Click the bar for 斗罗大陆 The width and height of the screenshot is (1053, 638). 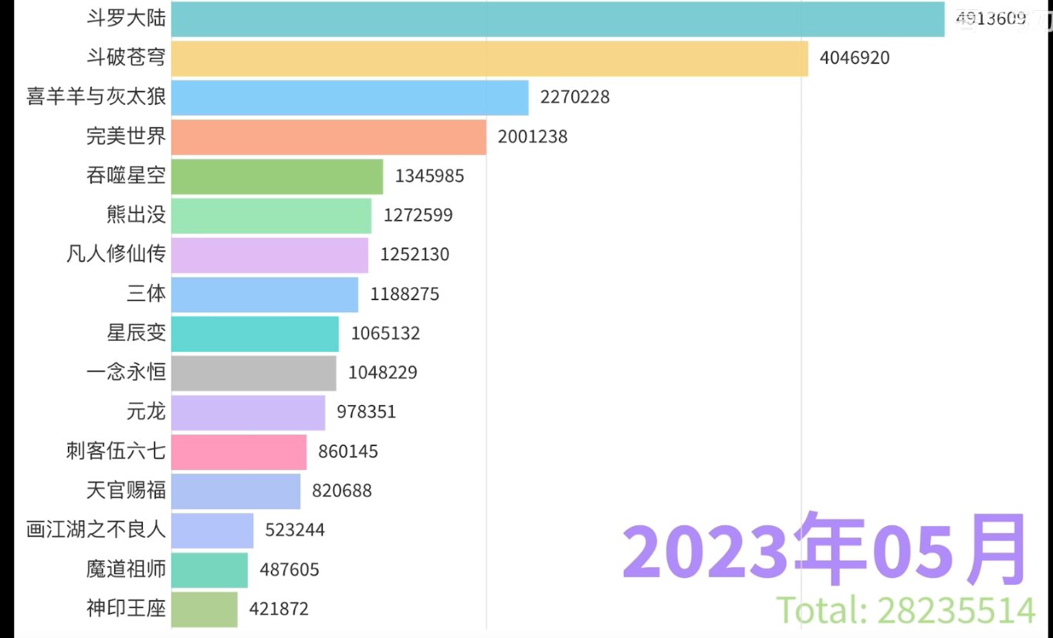tap(557, 19)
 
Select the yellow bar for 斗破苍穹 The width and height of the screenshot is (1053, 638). tap(489, 58)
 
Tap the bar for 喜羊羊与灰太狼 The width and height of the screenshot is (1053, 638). tap(350, 97)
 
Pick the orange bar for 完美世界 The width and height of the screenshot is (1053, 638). tap(329, 137)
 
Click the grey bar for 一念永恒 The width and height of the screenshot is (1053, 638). tap(254, 373)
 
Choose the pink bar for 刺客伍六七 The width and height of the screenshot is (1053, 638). tap(239, 451)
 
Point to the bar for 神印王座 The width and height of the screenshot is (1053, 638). tap(205, 609)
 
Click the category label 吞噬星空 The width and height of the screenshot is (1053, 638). tap(126, 176)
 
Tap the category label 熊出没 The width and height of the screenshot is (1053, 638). tap(137, 215)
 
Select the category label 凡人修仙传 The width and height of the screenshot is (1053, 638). tap(116, 255)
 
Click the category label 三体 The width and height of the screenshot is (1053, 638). tap(147, 294)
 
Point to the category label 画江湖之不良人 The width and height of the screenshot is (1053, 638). tap(96, 530)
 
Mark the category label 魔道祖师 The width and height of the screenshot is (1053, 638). tap(126, 570)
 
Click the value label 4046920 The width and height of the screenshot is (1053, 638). tap(855, 58)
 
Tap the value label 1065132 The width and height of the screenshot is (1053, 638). tap(385, 333)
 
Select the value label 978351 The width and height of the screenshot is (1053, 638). tap(366, 412)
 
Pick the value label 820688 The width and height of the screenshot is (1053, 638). tap(341, 491)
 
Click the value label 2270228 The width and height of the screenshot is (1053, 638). tap(575, 97)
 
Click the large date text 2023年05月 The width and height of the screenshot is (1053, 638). tap(824, 549)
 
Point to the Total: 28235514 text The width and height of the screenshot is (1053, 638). tap(906, 610)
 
